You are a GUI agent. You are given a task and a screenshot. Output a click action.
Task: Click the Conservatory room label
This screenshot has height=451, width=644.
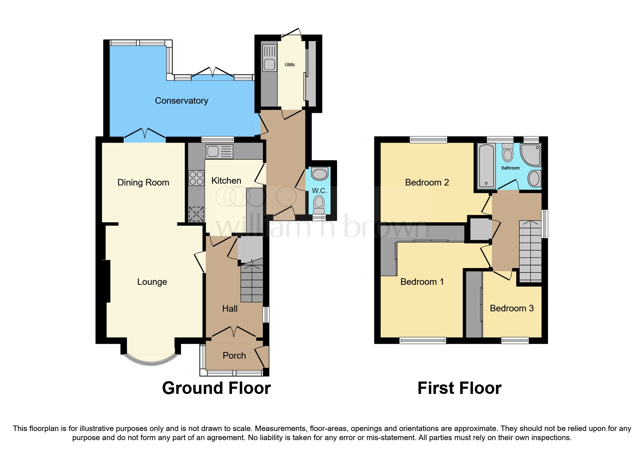[181, 101]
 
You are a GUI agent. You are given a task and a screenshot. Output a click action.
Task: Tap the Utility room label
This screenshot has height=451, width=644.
[290, 65]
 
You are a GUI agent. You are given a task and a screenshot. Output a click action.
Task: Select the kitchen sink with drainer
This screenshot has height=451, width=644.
[219, 151]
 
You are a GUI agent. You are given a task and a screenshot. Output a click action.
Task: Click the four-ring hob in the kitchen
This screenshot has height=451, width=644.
[196, 178]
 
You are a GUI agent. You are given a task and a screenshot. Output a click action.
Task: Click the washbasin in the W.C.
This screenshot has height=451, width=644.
[320, 174]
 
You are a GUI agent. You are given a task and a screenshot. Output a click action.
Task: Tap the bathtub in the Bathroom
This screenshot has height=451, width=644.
[486, 165]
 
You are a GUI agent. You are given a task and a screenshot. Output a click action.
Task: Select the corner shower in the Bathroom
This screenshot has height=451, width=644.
[531, 155]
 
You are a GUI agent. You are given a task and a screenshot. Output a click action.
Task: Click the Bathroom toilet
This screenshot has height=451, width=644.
[508, 153]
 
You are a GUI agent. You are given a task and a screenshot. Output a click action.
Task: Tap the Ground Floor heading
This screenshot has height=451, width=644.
[216, 388]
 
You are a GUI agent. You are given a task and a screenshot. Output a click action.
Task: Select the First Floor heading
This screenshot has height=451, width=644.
[459, 388]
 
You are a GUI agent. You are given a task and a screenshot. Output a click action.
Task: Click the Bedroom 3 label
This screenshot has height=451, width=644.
[512, 308]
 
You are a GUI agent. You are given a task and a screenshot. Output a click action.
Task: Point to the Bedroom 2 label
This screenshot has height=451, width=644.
[427, 183]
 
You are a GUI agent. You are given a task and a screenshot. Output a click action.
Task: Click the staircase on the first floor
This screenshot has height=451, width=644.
[530, 251]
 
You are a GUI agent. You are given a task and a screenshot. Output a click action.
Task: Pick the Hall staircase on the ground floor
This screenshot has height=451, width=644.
[252, 284]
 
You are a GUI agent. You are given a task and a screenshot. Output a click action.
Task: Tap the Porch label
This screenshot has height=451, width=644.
[234, 356]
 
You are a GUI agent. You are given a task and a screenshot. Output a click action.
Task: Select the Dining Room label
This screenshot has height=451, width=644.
[143, 183]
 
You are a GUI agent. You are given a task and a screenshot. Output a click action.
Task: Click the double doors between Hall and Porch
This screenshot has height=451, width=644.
[234, 332]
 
